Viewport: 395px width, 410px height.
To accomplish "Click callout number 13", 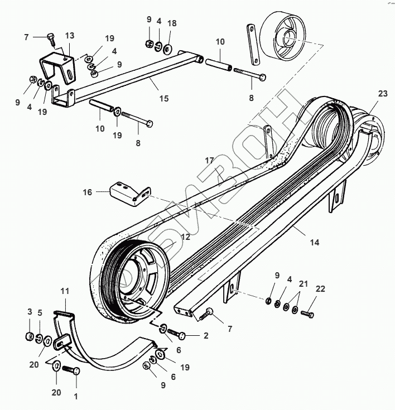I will (69, 36).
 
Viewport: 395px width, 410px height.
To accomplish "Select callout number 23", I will (382, 94).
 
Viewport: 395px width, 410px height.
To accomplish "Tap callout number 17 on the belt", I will (209, 160).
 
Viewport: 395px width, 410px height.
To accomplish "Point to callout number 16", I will (88, 192).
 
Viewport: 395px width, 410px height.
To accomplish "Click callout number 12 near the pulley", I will (185, 237).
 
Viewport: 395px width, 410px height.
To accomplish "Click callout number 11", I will (65, 292).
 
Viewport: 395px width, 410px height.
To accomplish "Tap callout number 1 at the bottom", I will (76, 397).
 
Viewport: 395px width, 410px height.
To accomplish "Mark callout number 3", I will (30, 311).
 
